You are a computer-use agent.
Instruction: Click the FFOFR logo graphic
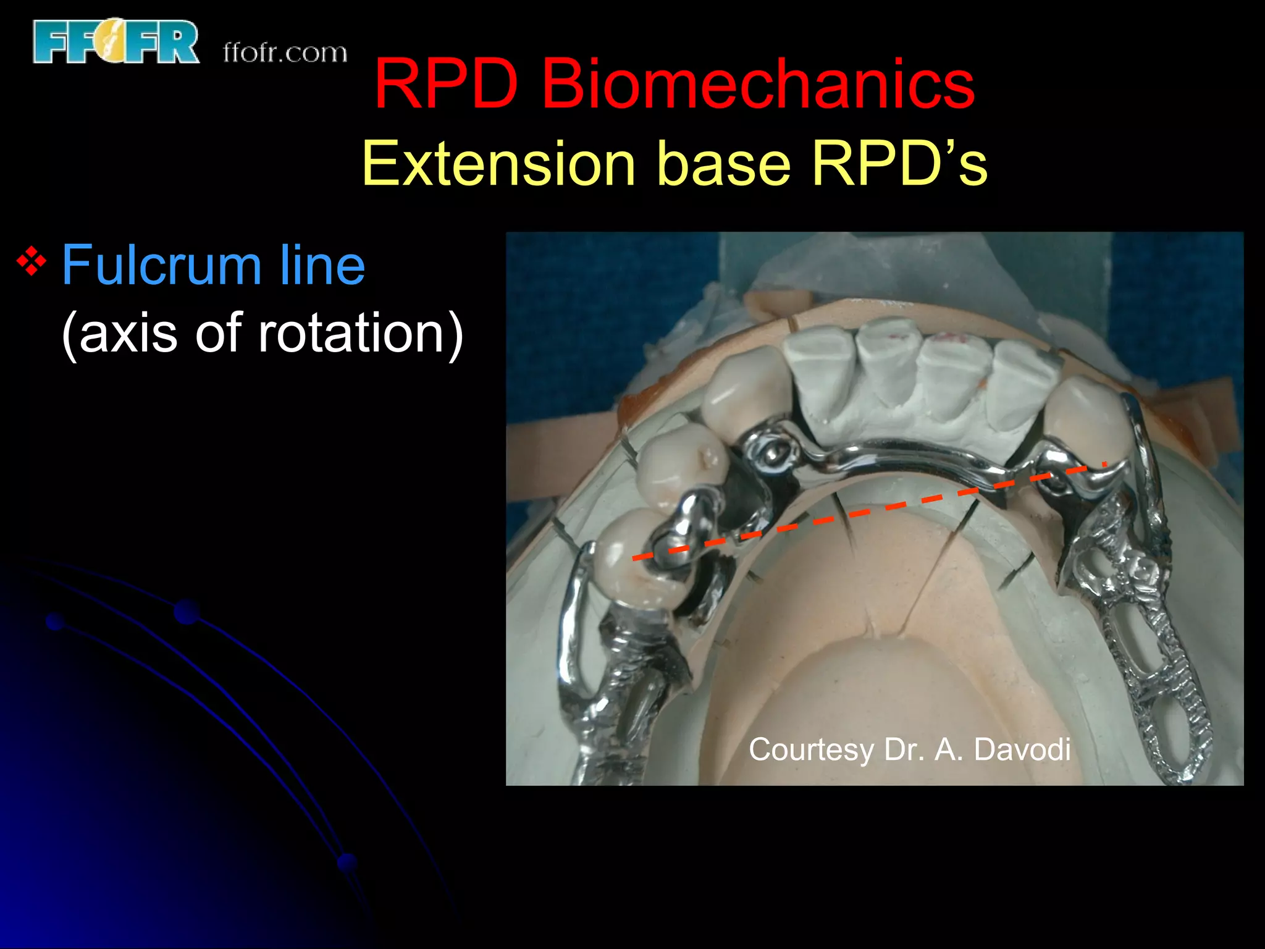[x=116, y=41]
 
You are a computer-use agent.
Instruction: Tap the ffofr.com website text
[x=285, y=53]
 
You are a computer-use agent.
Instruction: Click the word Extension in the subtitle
[x=498, y=163]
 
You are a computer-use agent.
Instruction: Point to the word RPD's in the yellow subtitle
[x=899, y=163]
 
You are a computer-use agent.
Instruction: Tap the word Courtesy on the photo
[x=810, y=750]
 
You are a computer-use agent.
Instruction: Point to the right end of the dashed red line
[x=1103, y=464]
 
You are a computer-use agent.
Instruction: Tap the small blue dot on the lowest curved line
[x=348, y=862]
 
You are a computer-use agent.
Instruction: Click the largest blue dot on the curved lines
[x=187, y=612]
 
